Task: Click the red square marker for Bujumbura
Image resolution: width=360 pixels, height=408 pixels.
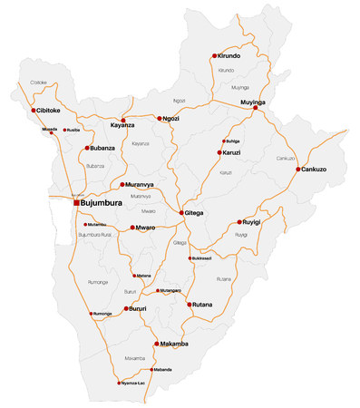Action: click(76, 203)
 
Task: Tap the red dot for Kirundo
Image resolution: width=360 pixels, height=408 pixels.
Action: click(215, 55)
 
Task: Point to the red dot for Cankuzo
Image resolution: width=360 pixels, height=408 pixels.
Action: click(298, 170)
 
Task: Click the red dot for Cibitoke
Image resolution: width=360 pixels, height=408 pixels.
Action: click(34, 111)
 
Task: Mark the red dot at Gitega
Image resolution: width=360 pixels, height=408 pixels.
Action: click(182, 213)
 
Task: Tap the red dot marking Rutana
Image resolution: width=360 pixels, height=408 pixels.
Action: click(190, 305)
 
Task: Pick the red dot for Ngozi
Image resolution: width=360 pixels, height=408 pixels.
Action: click(160, 119)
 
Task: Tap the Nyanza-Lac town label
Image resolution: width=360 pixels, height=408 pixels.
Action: click(134, 384)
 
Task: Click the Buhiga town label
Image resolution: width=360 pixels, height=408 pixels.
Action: click(233, 141)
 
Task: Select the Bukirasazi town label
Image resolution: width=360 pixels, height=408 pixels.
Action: click(202, 258)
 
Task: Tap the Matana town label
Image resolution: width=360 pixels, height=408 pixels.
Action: click(143, 276)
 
